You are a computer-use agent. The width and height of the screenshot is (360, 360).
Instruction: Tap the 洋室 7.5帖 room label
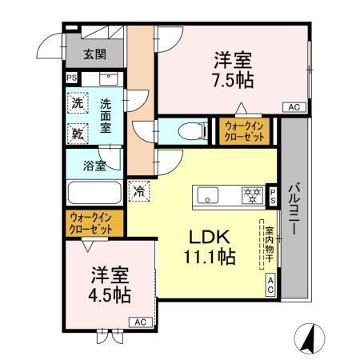(x=233, y=70)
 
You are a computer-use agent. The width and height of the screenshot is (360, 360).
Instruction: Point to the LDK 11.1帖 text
(x=210, y=247)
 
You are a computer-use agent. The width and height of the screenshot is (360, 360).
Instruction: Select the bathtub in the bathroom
(x=94, y=194)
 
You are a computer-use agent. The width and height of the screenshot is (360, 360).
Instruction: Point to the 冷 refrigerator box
(x=138, y=191)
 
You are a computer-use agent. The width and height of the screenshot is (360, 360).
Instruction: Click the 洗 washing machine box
(x=77, y=103)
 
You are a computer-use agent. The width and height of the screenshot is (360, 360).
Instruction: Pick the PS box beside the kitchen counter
(x=273, y=196)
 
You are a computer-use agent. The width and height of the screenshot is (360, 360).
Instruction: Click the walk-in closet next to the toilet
(x=246, y=131)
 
